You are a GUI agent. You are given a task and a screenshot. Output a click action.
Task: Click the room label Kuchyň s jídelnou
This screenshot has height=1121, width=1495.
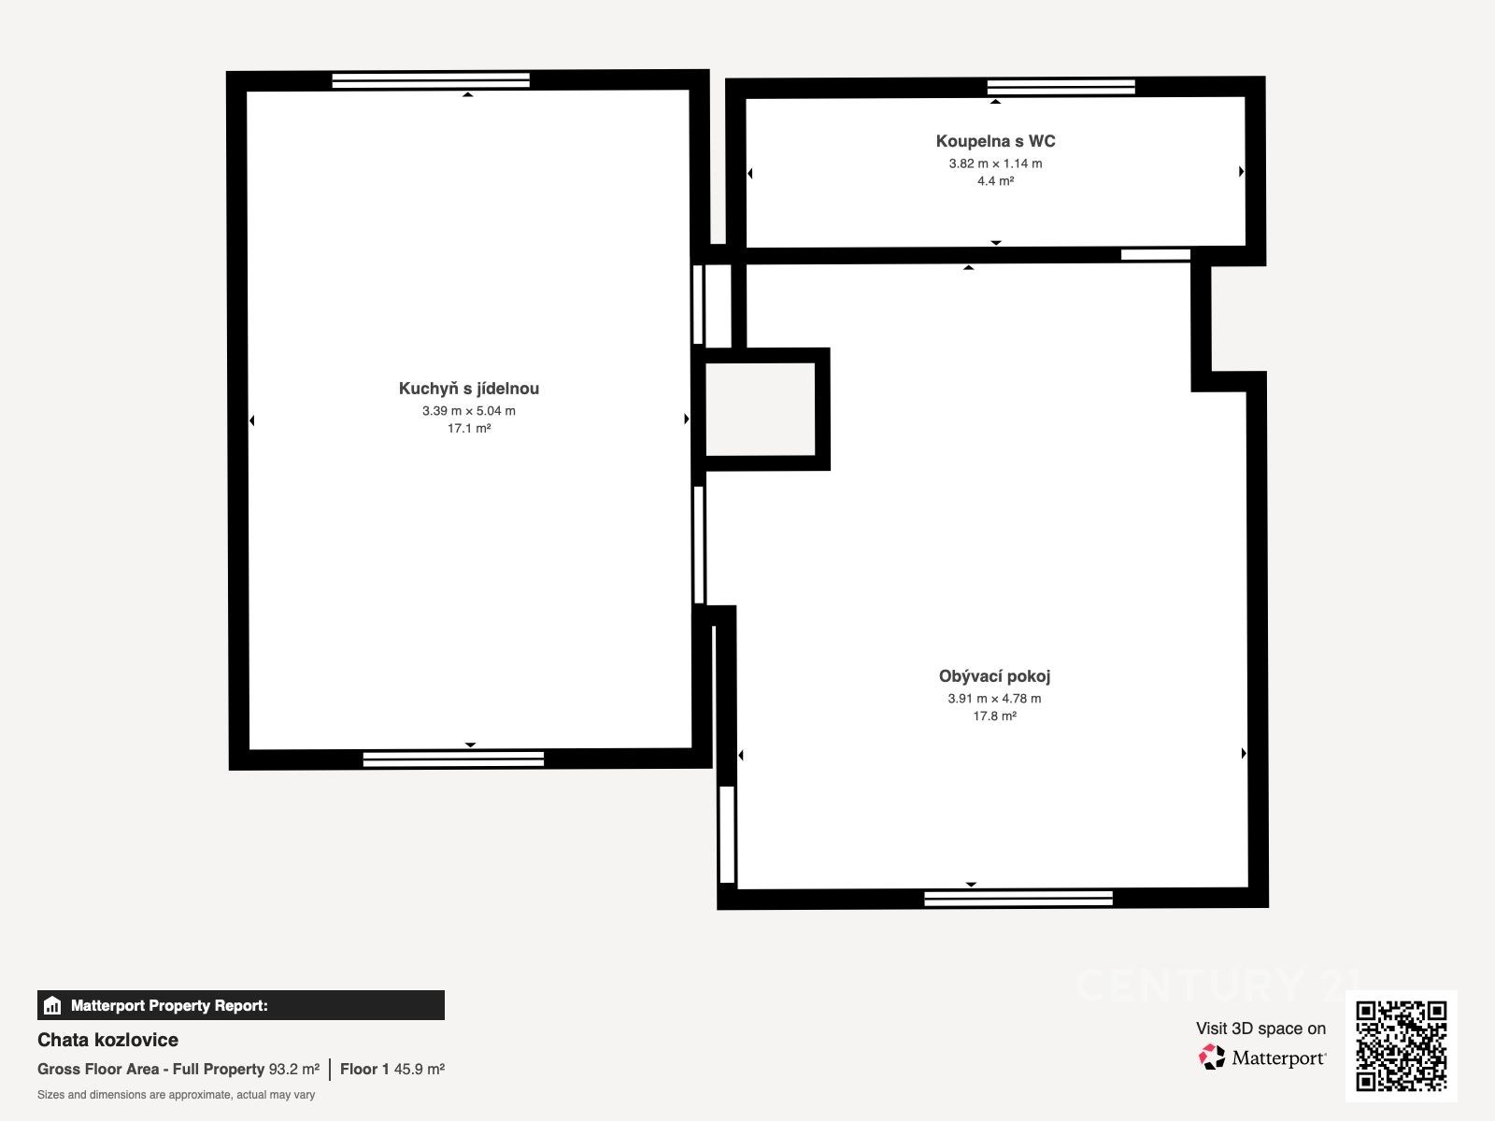pos(469,389)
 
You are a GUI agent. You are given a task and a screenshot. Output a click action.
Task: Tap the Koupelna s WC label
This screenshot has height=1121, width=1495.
pos(995,141)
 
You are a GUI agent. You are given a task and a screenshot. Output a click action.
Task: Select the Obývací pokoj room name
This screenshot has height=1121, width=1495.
pos(994,676)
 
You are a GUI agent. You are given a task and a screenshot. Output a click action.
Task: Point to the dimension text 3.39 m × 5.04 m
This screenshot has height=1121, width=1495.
pos(469,410)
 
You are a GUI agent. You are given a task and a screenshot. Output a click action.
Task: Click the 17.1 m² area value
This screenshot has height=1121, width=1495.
pos(469,428)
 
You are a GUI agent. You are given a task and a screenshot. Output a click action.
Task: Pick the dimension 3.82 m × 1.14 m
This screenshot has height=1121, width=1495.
pos(995,163)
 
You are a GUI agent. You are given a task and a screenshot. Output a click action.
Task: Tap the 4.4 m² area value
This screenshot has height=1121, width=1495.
pos(995,181)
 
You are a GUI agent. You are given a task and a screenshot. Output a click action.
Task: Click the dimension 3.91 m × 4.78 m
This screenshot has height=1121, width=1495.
pos(994,699)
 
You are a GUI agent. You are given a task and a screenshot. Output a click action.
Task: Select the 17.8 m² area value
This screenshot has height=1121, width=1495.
pos(994,716)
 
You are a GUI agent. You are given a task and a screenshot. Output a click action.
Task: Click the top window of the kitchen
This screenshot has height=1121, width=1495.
pos(431,80)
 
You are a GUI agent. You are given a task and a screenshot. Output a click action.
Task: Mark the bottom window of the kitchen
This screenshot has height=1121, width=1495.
pos(453,759)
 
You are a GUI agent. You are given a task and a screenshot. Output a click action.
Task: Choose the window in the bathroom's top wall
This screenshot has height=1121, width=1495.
pos(1061,87)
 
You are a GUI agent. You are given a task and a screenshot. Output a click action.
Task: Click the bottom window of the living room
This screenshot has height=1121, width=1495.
pos(1018,899)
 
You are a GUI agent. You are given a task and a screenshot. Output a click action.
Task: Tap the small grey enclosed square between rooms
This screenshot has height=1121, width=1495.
pos(760,409)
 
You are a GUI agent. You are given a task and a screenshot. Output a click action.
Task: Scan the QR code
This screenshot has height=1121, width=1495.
pos(1401,1046)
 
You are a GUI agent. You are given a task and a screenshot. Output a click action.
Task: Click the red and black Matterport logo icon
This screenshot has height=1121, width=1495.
pos(1212,1057)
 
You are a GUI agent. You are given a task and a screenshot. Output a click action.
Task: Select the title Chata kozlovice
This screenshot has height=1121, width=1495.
pos(107,1040)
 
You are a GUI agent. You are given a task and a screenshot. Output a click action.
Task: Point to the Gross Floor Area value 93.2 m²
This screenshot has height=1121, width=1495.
pos(293,1070)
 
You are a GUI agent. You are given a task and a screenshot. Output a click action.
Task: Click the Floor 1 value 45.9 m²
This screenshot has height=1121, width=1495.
pos(419,1070)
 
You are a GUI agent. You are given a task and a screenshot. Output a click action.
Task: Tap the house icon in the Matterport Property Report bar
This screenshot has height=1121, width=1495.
pos(52,1005)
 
